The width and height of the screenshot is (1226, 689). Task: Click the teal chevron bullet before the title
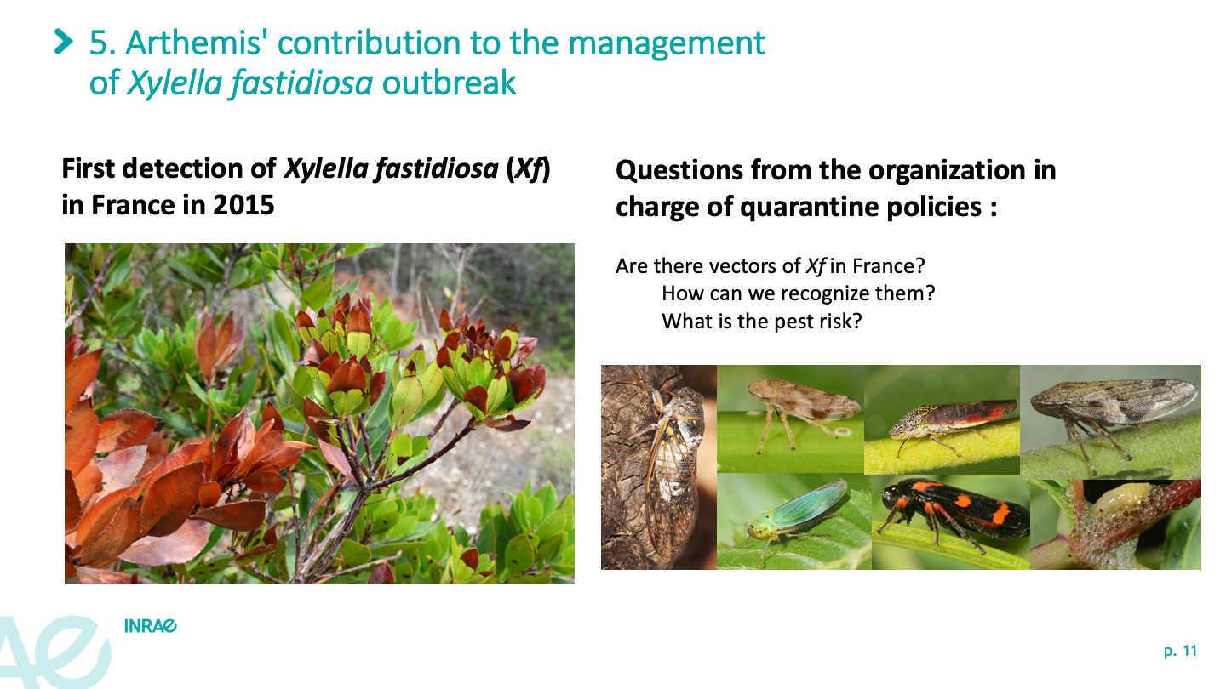[x=64, y=43]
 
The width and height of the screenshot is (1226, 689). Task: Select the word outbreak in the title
[x=449, y=83]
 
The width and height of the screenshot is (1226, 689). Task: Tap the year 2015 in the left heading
[x=243, y=205]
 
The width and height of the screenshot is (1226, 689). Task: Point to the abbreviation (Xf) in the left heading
[x=528, y=168]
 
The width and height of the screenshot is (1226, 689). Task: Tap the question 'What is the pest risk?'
[x=762, y=321]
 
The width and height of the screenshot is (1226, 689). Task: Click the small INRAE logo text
[x=151, y=626]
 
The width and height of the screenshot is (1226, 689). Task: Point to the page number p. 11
[x=1181, y=652]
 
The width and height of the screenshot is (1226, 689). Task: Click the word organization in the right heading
[x=948, y=171]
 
